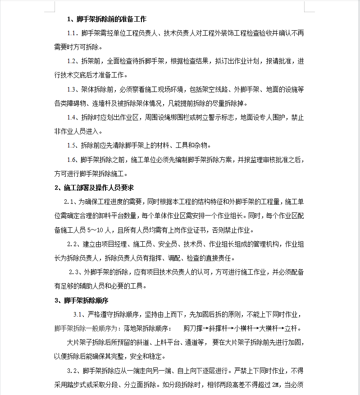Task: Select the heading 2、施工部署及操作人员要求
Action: pyautogui.click(x=94, y=188)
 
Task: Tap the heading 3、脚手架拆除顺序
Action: pyautogui.click(x=82, y=300)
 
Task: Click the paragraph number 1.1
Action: pyautogui.click(x=73, y=33)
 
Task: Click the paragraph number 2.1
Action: pyautogui.click(x=70, y=202)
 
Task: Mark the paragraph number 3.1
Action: pyautogui.click(x=79, y=314)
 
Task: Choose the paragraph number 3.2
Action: pyautogui.click(x=73, y=371)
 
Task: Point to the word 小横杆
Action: pyautogui.click(x=246, y=328)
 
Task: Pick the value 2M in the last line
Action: pyautogui.click(x=275, y=385)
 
